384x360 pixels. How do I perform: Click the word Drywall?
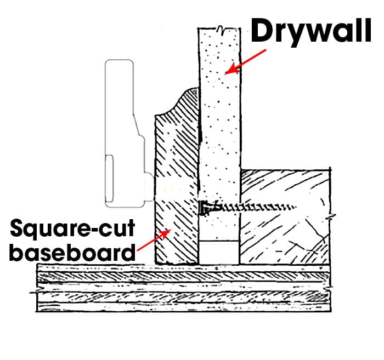coord(311,31)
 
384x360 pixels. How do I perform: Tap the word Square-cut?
coord(72,228)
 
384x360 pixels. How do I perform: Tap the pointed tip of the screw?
coord(295,207)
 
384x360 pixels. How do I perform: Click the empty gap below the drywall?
coord(219,253)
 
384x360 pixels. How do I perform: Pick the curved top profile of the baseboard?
coord(177,102)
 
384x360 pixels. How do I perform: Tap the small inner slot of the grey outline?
coord(109,179)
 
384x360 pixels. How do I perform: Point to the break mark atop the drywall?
coord(221,28)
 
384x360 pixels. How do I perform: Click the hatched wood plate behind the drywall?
coord(285,217)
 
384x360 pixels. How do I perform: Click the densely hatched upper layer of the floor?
coord(183,277)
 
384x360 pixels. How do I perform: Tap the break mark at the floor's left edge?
coord(34,292)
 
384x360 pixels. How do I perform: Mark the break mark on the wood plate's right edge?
coord(331,216)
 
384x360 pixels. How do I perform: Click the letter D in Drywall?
coord(262,31)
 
